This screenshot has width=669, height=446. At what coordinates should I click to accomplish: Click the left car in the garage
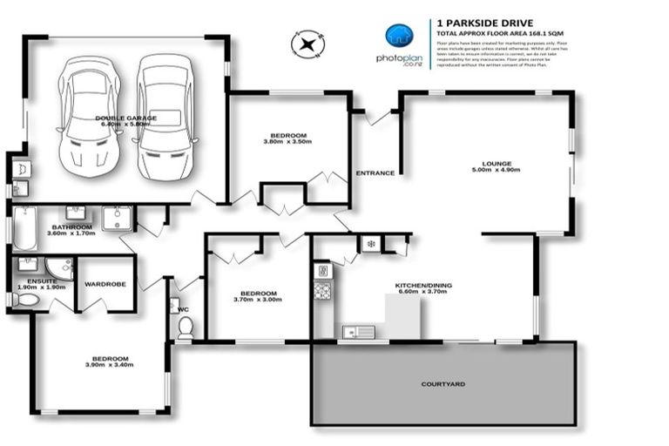pos(88,114)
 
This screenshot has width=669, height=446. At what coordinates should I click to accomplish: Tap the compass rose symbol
pos(307,44)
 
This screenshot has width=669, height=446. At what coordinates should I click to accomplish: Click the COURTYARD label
pos(443,383)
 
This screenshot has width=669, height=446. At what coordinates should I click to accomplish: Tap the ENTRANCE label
pos(375,173)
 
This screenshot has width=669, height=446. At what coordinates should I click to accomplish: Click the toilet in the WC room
pos(185,327)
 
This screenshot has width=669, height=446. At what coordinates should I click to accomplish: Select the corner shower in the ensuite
pos(59,267)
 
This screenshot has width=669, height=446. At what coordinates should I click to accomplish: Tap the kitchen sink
pos(358,331)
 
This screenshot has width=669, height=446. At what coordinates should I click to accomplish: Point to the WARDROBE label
pos(105,284)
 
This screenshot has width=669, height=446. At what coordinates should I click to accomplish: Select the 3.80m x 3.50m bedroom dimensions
pos(287,142)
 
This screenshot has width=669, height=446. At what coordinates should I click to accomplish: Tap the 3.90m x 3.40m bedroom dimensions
pos(111,366)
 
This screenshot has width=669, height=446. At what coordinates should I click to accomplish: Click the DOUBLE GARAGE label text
pos(127,117)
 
